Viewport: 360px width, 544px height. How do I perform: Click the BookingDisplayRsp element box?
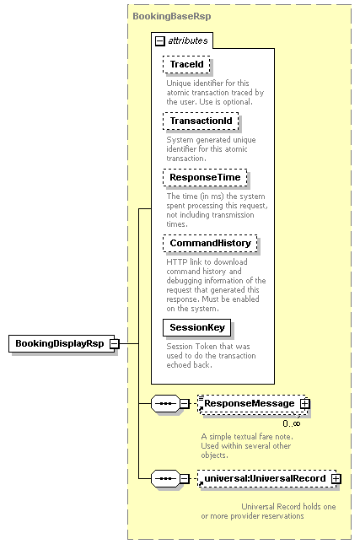point(62,343)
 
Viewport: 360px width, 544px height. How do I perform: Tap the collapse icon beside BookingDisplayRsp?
point(115,344)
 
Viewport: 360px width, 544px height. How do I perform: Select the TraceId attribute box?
point(186,65)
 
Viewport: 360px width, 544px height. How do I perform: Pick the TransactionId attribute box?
point(201,121)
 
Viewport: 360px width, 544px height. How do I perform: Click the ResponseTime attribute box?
point(205,178)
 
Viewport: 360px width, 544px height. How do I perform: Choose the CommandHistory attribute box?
point(210,243)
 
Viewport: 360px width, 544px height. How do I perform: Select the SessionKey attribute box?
point(197,327)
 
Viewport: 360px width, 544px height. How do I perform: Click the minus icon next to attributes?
point(159,41)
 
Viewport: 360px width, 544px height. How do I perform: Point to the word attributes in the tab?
point(188,41)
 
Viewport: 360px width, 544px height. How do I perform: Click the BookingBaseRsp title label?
point(172,16)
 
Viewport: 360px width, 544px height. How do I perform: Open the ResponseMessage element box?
point(252,403)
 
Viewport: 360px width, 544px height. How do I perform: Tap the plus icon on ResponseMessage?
point(305,403)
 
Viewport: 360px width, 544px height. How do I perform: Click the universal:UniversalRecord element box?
point(267,479)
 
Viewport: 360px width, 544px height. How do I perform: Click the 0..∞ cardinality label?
point(292,423)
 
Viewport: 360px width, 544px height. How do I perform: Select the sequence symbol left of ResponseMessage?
point(166,403)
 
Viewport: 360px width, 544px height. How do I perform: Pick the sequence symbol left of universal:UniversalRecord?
point(166,479)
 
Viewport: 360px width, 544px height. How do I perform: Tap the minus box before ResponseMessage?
point(185,403)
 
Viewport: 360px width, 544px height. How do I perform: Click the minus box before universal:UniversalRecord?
point(185,479)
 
